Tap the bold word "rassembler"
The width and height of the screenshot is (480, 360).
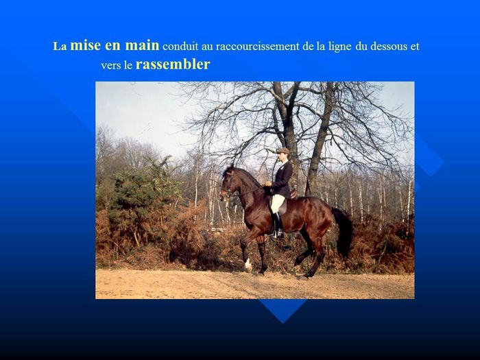pos(173,64)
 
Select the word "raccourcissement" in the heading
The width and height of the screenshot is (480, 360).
pos(257,46)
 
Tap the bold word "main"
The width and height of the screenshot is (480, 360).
pos(143,45)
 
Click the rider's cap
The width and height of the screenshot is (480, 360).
pos(283,151)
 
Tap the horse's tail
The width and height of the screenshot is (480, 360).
pos(343,231)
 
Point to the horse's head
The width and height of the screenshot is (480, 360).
pos(228,183)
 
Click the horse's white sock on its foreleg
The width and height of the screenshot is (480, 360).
pos(248,265)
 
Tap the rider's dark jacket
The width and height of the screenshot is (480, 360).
pos(282,180)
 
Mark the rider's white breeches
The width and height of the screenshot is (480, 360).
pos(277,203)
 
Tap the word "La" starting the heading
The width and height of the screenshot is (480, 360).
pos(60,47)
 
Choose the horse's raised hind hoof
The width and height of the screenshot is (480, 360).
pos(297,262)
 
